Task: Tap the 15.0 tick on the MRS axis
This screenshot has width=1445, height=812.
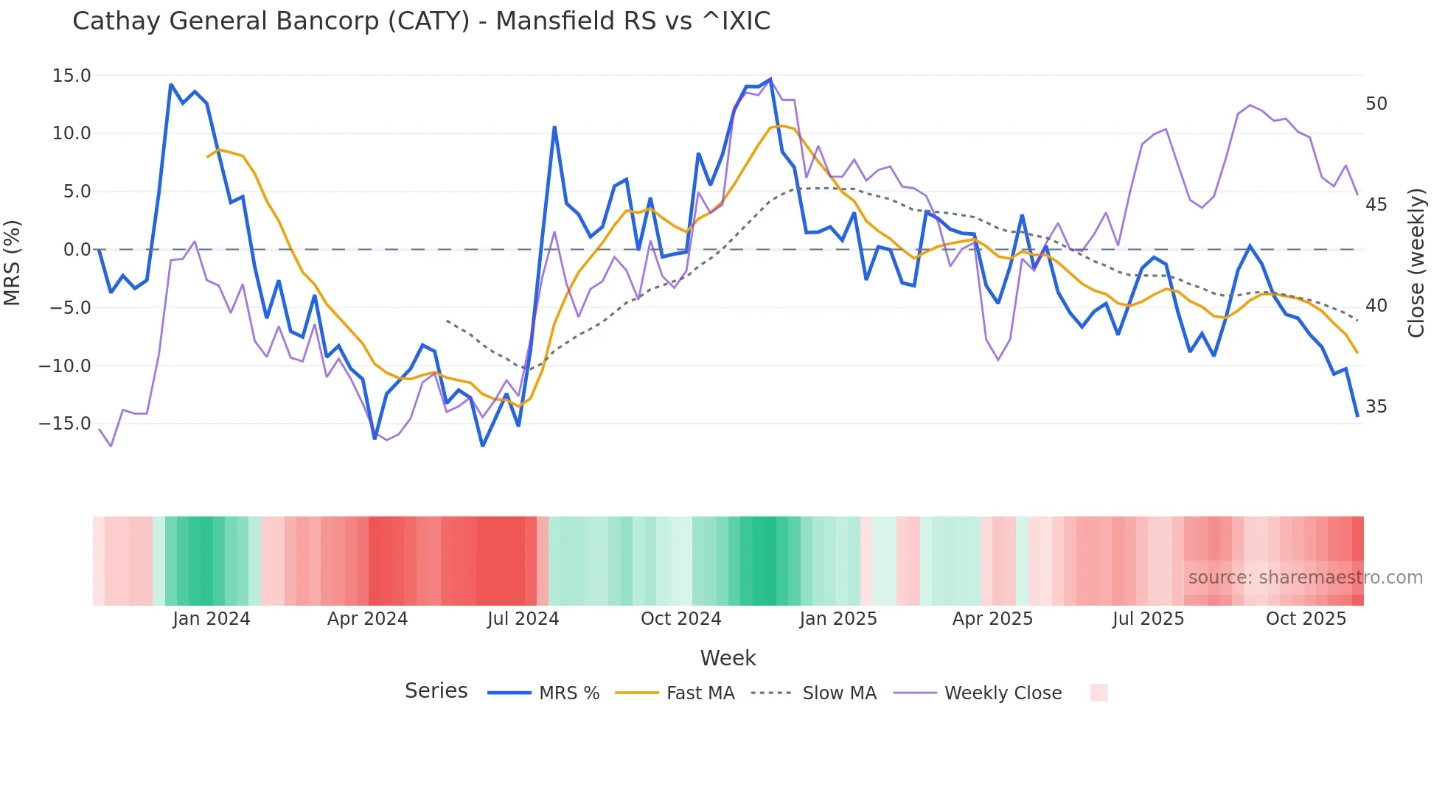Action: click(x=72, y=76)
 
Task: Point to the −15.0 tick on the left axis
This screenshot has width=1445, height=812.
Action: click(x=65, y=424)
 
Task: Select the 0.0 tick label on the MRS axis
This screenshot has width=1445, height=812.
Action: click(x=77, y=250)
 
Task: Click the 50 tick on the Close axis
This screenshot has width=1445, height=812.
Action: click(x=1376, y=104)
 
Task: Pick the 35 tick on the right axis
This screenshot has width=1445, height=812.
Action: click(x=1376, y=407)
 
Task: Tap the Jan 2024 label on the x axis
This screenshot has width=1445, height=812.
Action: click(x=212, y=619)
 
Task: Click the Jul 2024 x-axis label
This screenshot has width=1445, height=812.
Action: click(x=523, y=619)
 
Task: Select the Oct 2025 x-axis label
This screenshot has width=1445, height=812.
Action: click(x=1306, y=619)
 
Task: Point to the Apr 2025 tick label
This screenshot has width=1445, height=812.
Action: click(x=992, y=619)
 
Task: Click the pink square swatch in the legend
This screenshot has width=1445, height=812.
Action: click(x=1098, y=693)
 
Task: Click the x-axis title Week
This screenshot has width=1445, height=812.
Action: click(x=728, y=658)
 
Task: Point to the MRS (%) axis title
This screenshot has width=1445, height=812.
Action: click(x=13, y=262)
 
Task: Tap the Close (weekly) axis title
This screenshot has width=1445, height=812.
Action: click(x=1416, y=263)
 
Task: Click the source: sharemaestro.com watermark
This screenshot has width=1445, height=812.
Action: click(x=1305, y=578)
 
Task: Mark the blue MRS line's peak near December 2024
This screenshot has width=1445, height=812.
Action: click(x=770, y=79)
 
